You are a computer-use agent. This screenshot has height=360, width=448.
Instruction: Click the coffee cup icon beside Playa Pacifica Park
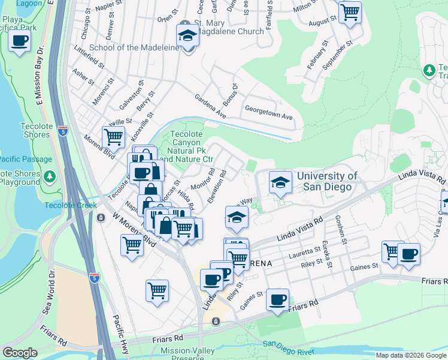coord(20,41)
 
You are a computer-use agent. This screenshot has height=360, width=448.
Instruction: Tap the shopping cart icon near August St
coord(350,11)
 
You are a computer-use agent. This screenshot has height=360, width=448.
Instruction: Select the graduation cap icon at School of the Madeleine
coord(187,35)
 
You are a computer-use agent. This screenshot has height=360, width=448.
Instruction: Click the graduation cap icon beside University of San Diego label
coord(280,182)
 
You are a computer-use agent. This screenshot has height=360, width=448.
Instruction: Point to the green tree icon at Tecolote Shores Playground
coord(50,177)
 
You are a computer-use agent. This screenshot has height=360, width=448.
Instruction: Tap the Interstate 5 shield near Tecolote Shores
coord(63,130)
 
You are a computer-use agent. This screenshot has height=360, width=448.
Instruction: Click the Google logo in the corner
coord(20,353)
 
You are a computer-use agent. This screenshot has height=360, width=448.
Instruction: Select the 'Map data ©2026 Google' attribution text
coord(411,355)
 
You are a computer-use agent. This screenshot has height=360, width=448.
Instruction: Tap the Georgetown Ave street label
coord(268,112)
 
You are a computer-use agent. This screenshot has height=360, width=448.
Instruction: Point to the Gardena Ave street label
coord(210,106)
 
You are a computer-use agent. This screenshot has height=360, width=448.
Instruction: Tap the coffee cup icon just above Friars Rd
coord(277,299)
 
